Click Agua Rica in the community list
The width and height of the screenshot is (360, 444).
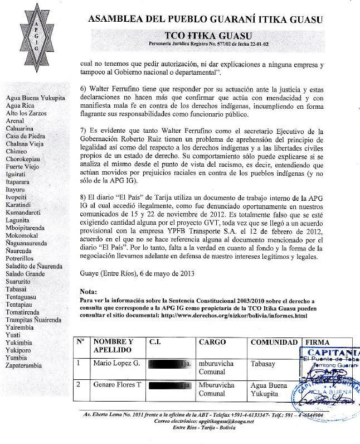(20, 105)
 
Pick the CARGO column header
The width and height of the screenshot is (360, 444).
(212, 341)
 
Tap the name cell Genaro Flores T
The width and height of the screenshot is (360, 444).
(116, 385)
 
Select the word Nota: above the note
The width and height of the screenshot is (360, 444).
(89, 291)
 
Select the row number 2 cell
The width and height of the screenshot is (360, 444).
(79, 384)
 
